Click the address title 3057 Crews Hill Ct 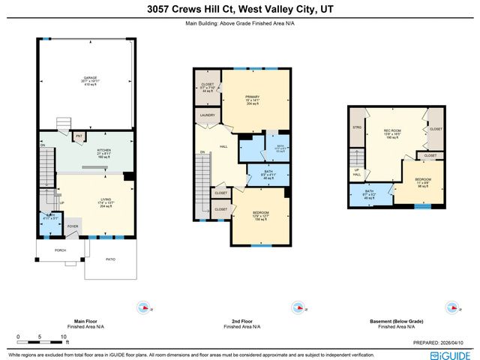(239, 10)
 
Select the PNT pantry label (78, 136)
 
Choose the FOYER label (73, 226)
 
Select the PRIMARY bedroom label (252, 97)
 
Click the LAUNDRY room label (207, 115)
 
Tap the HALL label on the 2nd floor (223, 147)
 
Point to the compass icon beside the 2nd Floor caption (298, 307)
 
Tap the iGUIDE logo (455, 354)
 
